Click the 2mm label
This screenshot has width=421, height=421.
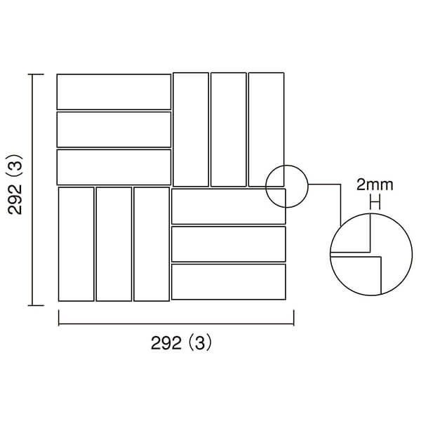(375, 185)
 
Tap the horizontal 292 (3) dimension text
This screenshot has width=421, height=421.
(181, 343)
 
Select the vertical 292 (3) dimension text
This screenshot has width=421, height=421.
(15, 185)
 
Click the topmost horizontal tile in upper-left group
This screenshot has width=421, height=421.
(114, 92)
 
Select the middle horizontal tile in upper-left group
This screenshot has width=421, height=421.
(114, 130)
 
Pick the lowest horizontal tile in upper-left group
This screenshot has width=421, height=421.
(114, 167)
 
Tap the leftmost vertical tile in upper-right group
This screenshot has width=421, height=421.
(191, 129)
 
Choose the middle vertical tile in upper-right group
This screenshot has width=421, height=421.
(229, 129)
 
